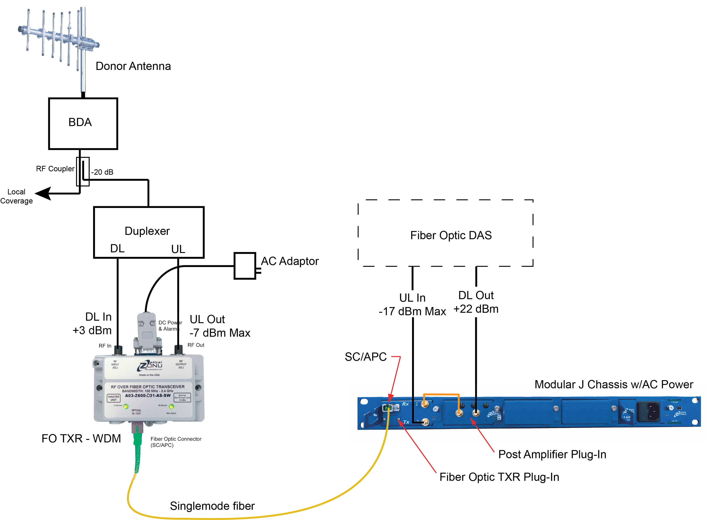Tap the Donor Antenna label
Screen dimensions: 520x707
click(x=133, y=66)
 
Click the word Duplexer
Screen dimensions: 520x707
click(x=147, y=231)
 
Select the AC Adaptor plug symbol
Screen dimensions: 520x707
click(x=245, y=266)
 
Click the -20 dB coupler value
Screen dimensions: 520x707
click(x=102, y=172)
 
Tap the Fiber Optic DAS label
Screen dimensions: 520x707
click(x=451, y=235)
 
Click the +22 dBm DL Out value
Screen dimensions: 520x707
click(x=476, y=309)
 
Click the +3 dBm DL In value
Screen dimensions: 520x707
click(x=92, y=330)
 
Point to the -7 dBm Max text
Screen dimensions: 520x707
click(x=220, y=333)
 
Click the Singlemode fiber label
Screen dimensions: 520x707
click(x=212, y=506)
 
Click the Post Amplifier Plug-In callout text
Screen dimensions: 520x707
click(x=552, y=454)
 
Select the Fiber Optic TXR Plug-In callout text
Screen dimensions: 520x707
click(x=499, y=477)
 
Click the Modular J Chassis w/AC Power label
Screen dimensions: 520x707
click(x=614, y=384)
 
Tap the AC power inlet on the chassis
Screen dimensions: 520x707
click(x=648, y=411)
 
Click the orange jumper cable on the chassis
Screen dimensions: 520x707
click(x=441, y=394)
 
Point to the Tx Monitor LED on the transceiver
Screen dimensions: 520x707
click(x=126, y=407)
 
